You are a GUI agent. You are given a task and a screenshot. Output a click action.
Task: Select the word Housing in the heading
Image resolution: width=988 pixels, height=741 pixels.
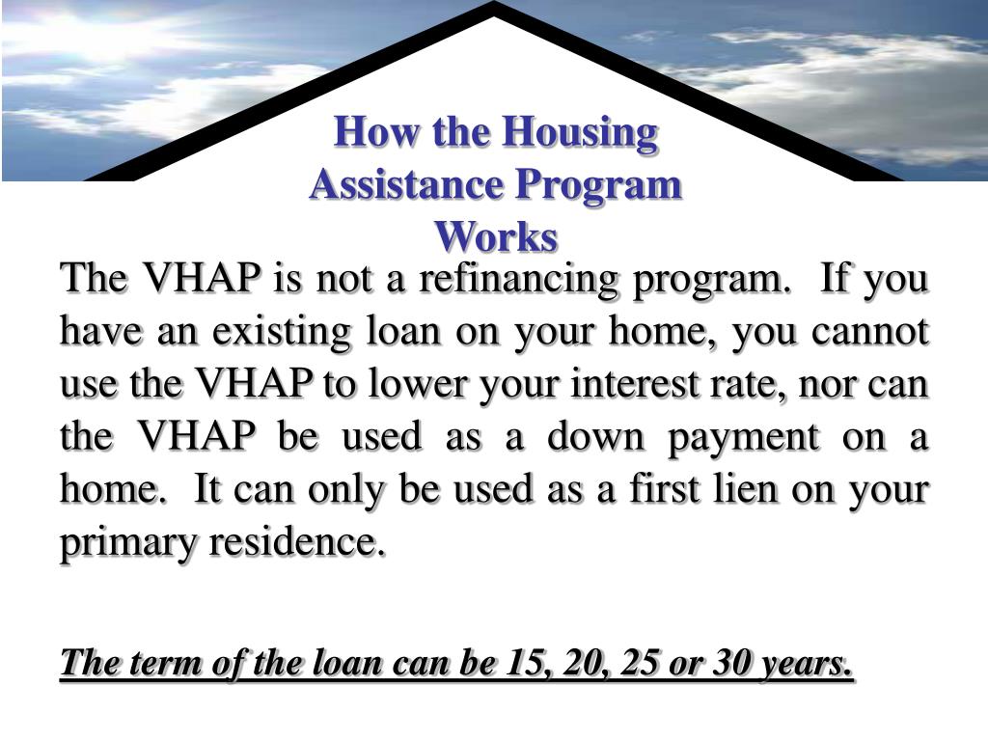[580, 133]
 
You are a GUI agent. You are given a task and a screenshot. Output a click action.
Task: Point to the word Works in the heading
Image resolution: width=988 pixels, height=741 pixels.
[497, 237]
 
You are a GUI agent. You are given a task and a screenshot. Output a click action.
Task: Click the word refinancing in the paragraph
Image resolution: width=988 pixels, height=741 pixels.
[518, 279]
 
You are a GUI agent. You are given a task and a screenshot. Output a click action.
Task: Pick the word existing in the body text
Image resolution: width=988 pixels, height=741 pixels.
[282, 332]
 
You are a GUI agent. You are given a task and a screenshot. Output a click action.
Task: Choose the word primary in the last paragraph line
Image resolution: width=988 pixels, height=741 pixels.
[128, 543]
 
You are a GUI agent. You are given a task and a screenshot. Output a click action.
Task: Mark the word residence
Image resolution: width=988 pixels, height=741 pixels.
[297, 541]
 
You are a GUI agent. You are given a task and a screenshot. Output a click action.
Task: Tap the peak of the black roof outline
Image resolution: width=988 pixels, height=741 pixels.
[494, 3]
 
